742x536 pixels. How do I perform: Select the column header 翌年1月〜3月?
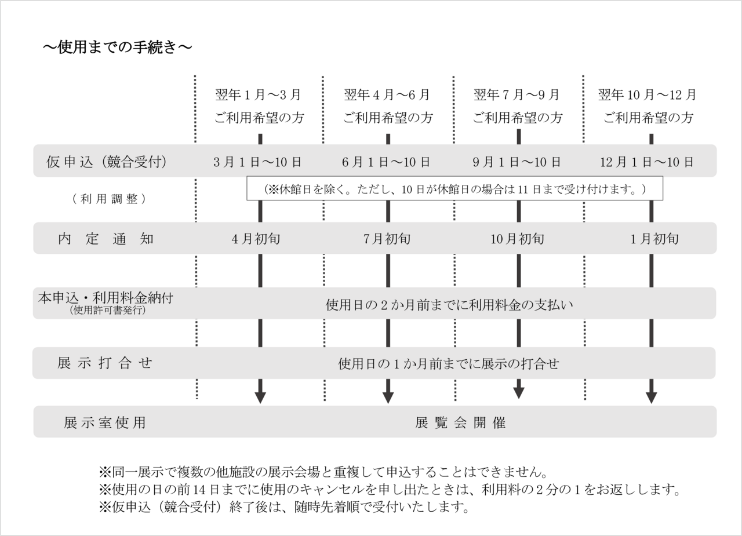pos(259,94)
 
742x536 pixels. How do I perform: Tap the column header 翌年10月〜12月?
pos(648,94)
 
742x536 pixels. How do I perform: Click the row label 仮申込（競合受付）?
pos(107,162)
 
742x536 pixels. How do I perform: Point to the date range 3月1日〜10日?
pos(257,162)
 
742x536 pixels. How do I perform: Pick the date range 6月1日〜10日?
pos(386,162)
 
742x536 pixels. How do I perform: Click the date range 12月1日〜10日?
pos(647,162)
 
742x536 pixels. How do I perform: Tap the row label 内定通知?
pos(106,238)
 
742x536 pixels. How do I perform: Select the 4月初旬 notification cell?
pos(256,238)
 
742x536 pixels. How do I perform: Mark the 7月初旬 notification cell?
pos(386,238)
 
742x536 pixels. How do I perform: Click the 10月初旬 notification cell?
pos(518,238)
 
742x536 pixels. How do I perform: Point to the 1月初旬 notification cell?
pos(654,238)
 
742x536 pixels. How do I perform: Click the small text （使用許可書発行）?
pos(107,310)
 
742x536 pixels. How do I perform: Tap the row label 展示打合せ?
pos(105,363)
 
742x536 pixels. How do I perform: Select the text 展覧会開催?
pos(461,422)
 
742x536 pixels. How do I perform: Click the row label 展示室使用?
pos(105,422)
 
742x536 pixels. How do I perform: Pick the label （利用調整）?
pos(109,198)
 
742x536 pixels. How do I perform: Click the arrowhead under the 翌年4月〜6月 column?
pos(388,398)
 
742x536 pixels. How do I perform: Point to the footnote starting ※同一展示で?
pos(324,469)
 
